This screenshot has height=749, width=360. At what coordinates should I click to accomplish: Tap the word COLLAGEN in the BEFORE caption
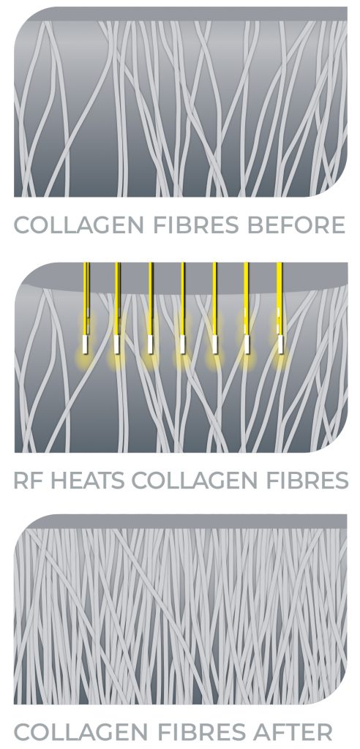click(77, 225)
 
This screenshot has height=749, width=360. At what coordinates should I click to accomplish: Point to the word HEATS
click(89, 481)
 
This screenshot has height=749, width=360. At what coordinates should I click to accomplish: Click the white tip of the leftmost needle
click(84, 344)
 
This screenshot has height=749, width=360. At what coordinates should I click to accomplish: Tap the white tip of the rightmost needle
click(281, 345)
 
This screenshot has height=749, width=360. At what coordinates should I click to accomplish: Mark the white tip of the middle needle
click(183, 345)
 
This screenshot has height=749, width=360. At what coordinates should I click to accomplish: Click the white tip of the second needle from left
click(116, 345)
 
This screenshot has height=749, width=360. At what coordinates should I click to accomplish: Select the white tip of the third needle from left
click(150, 345)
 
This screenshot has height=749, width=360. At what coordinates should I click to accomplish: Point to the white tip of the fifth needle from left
click(214, 345)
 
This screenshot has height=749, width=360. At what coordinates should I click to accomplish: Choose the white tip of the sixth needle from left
click(247, 345)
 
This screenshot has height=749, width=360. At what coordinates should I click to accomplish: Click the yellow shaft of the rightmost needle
click(280, 298)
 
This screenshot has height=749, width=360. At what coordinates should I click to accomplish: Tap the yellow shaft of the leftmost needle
click(86, 298)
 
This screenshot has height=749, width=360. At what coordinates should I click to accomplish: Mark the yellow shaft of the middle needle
click(183, 298)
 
